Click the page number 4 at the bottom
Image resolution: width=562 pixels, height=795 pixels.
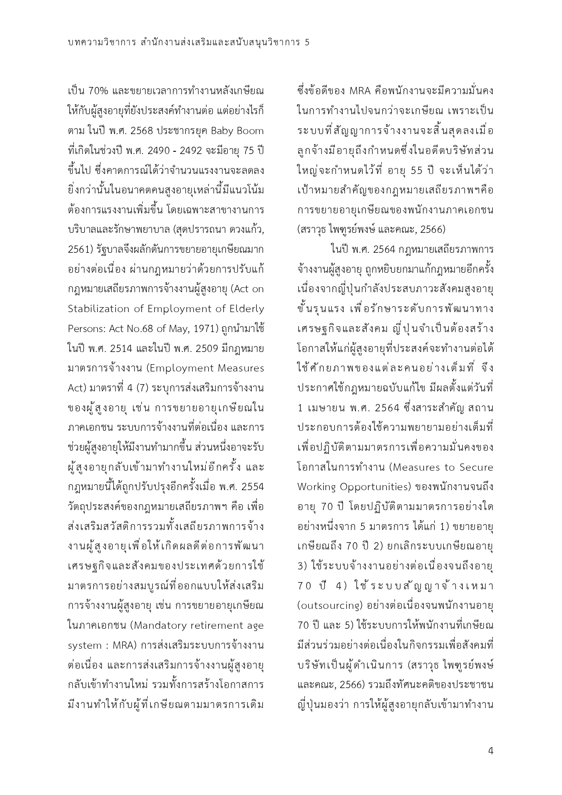pyautogui.click(x=490, y=751)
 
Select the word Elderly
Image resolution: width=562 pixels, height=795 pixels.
pyautogui.click(x=245, y=309)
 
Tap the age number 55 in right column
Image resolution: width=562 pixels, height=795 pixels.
pyautogui.click(x=416, y=170)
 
